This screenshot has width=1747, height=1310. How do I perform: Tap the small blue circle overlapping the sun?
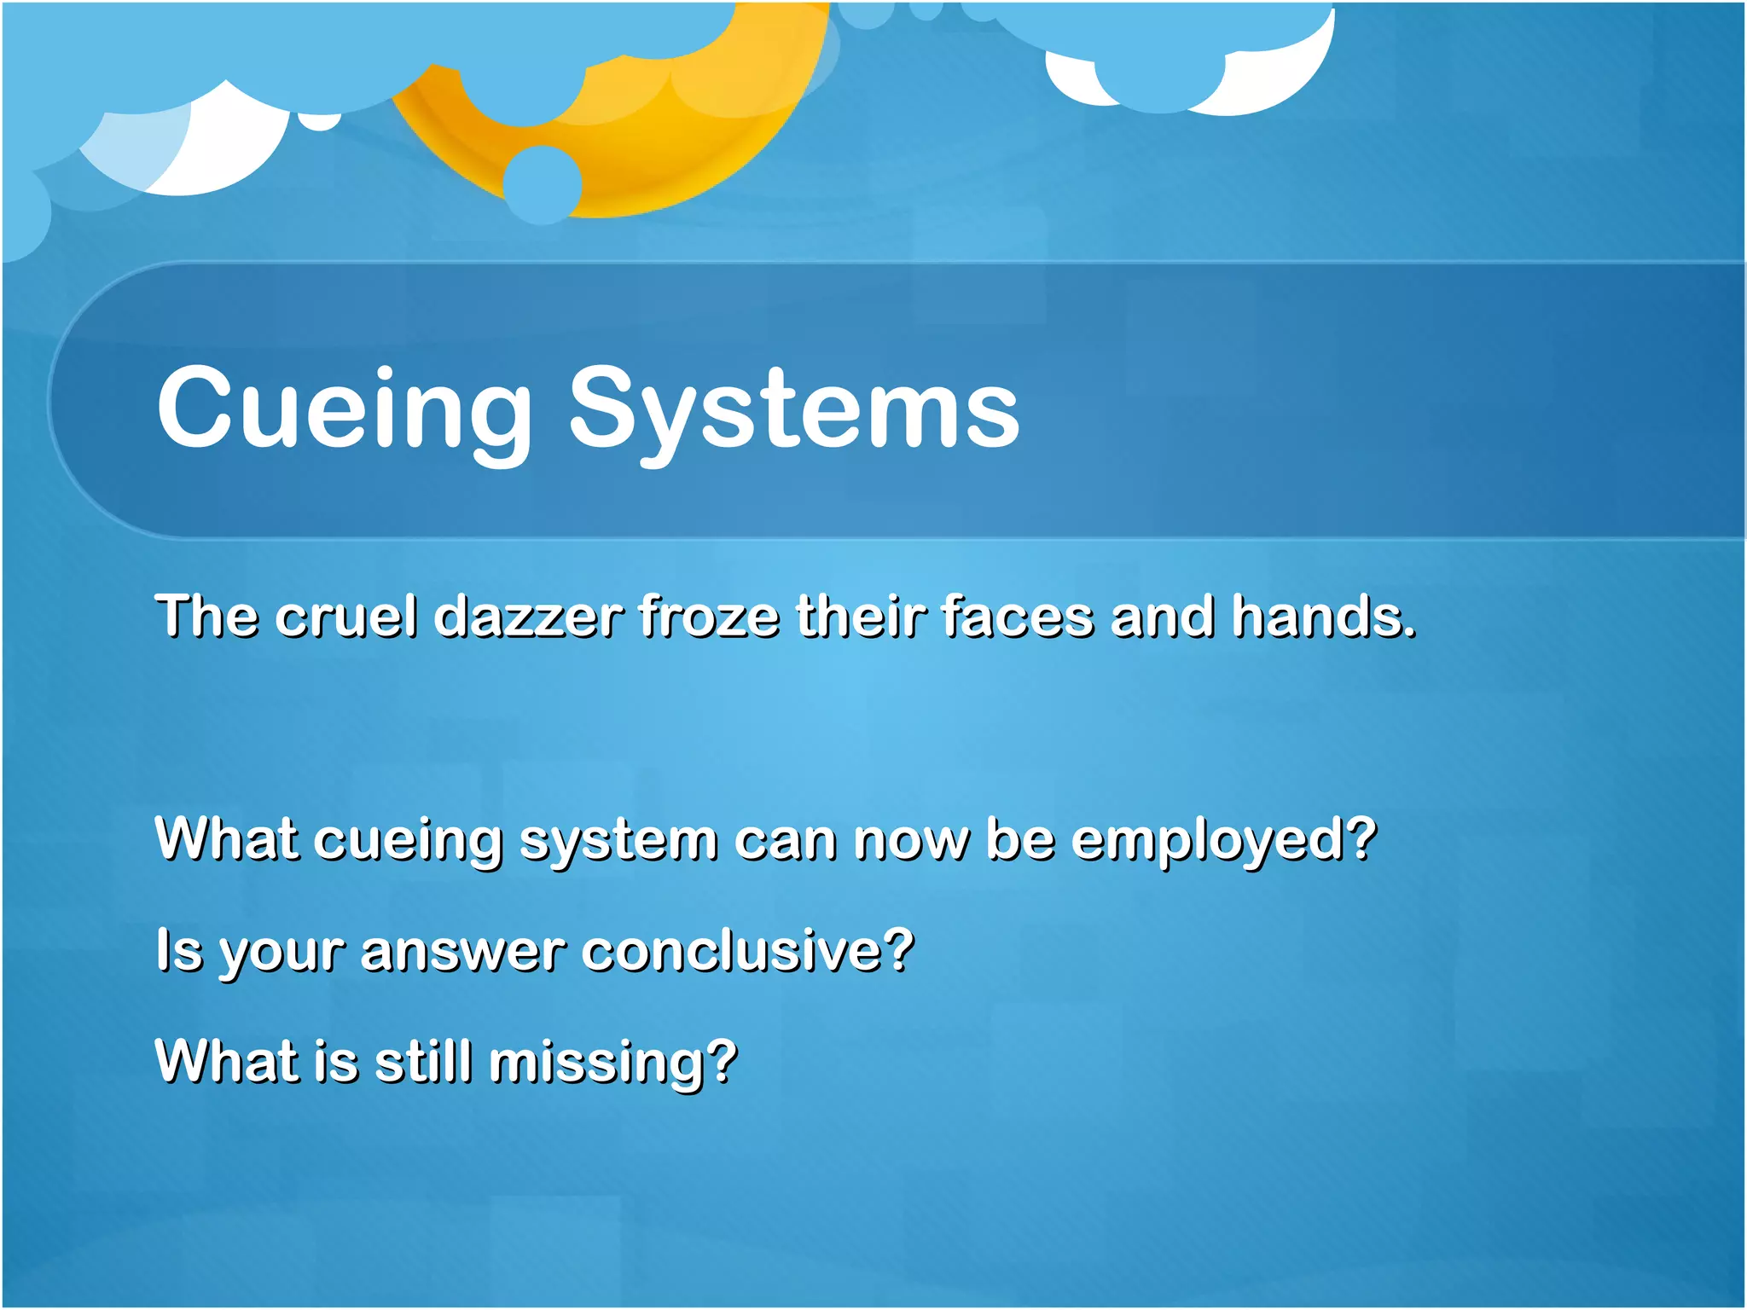(543, 184)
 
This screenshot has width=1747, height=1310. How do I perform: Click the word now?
(911, 841)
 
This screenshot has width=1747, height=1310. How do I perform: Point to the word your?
(281, 954)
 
